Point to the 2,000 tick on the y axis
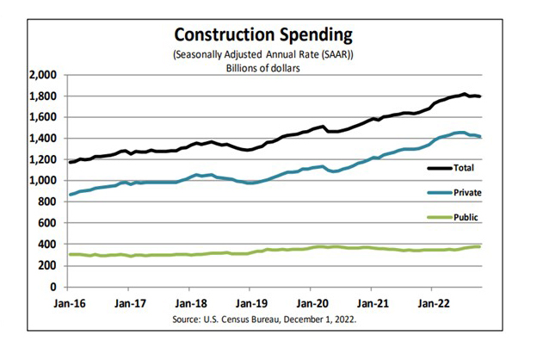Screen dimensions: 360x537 click(x=42, y=75)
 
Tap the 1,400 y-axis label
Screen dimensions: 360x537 click(x=42, y=139)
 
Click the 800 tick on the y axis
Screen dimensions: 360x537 click(x=47, y=202)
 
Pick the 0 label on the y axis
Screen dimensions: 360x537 click(x=53, y=287)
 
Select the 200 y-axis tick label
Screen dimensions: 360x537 click(x=47, y=265)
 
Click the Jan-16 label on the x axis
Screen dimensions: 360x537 click(x=71, y=304)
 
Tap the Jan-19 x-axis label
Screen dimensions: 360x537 click(x=250, y=304)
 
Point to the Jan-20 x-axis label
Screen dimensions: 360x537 click(x=311, y=304)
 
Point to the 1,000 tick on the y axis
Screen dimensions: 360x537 click(x=42, y=181)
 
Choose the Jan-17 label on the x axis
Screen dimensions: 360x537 click(x=131, y=304)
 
